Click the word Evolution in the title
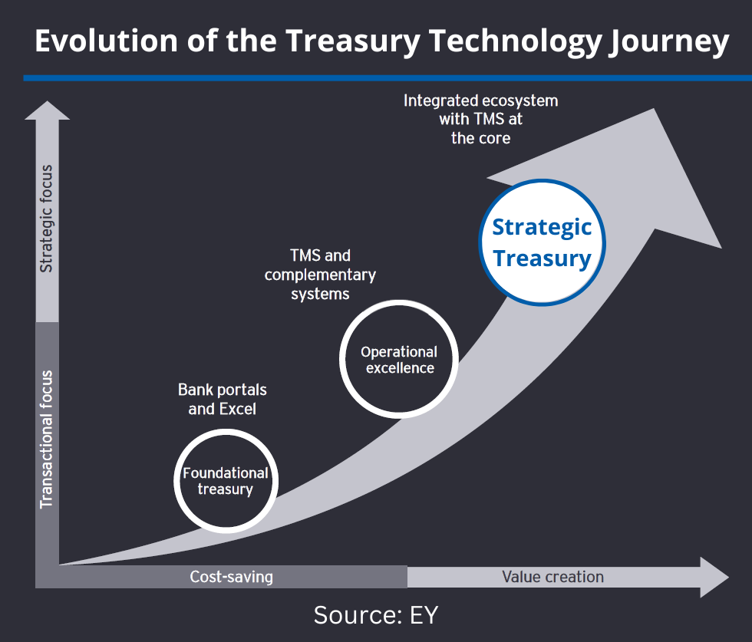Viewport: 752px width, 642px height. [107, 41]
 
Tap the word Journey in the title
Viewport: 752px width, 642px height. [669, 43]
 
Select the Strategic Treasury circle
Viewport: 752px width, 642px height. [542, 242]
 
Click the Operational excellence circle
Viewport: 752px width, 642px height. [398, 359]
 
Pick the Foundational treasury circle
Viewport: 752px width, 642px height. [226, 481]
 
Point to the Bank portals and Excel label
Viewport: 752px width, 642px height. [222, 399]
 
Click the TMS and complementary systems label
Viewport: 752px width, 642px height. [320, 275]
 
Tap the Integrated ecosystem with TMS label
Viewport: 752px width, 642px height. [480, 119]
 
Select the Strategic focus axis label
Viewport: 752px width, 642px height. [46, 219]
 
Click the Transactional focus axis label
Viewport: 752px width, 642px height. [46, 440]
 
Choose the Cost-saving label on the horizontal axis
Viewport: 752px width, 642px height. [231, 576]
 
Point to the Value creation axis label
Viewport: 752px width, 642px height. [553, 576]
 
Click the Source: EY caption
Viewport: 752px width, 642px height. [376, 614]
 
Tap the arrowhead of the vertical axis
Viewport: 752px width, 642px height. [47, 110]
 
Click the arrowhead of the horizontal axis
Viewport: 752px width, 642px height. [714, 577]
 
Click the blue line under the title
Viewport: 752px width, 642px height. [388, 77]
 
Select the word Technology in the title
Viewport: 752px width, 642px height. [516, 42]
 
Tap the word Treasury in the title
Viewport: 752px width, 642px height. [354, 42]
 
